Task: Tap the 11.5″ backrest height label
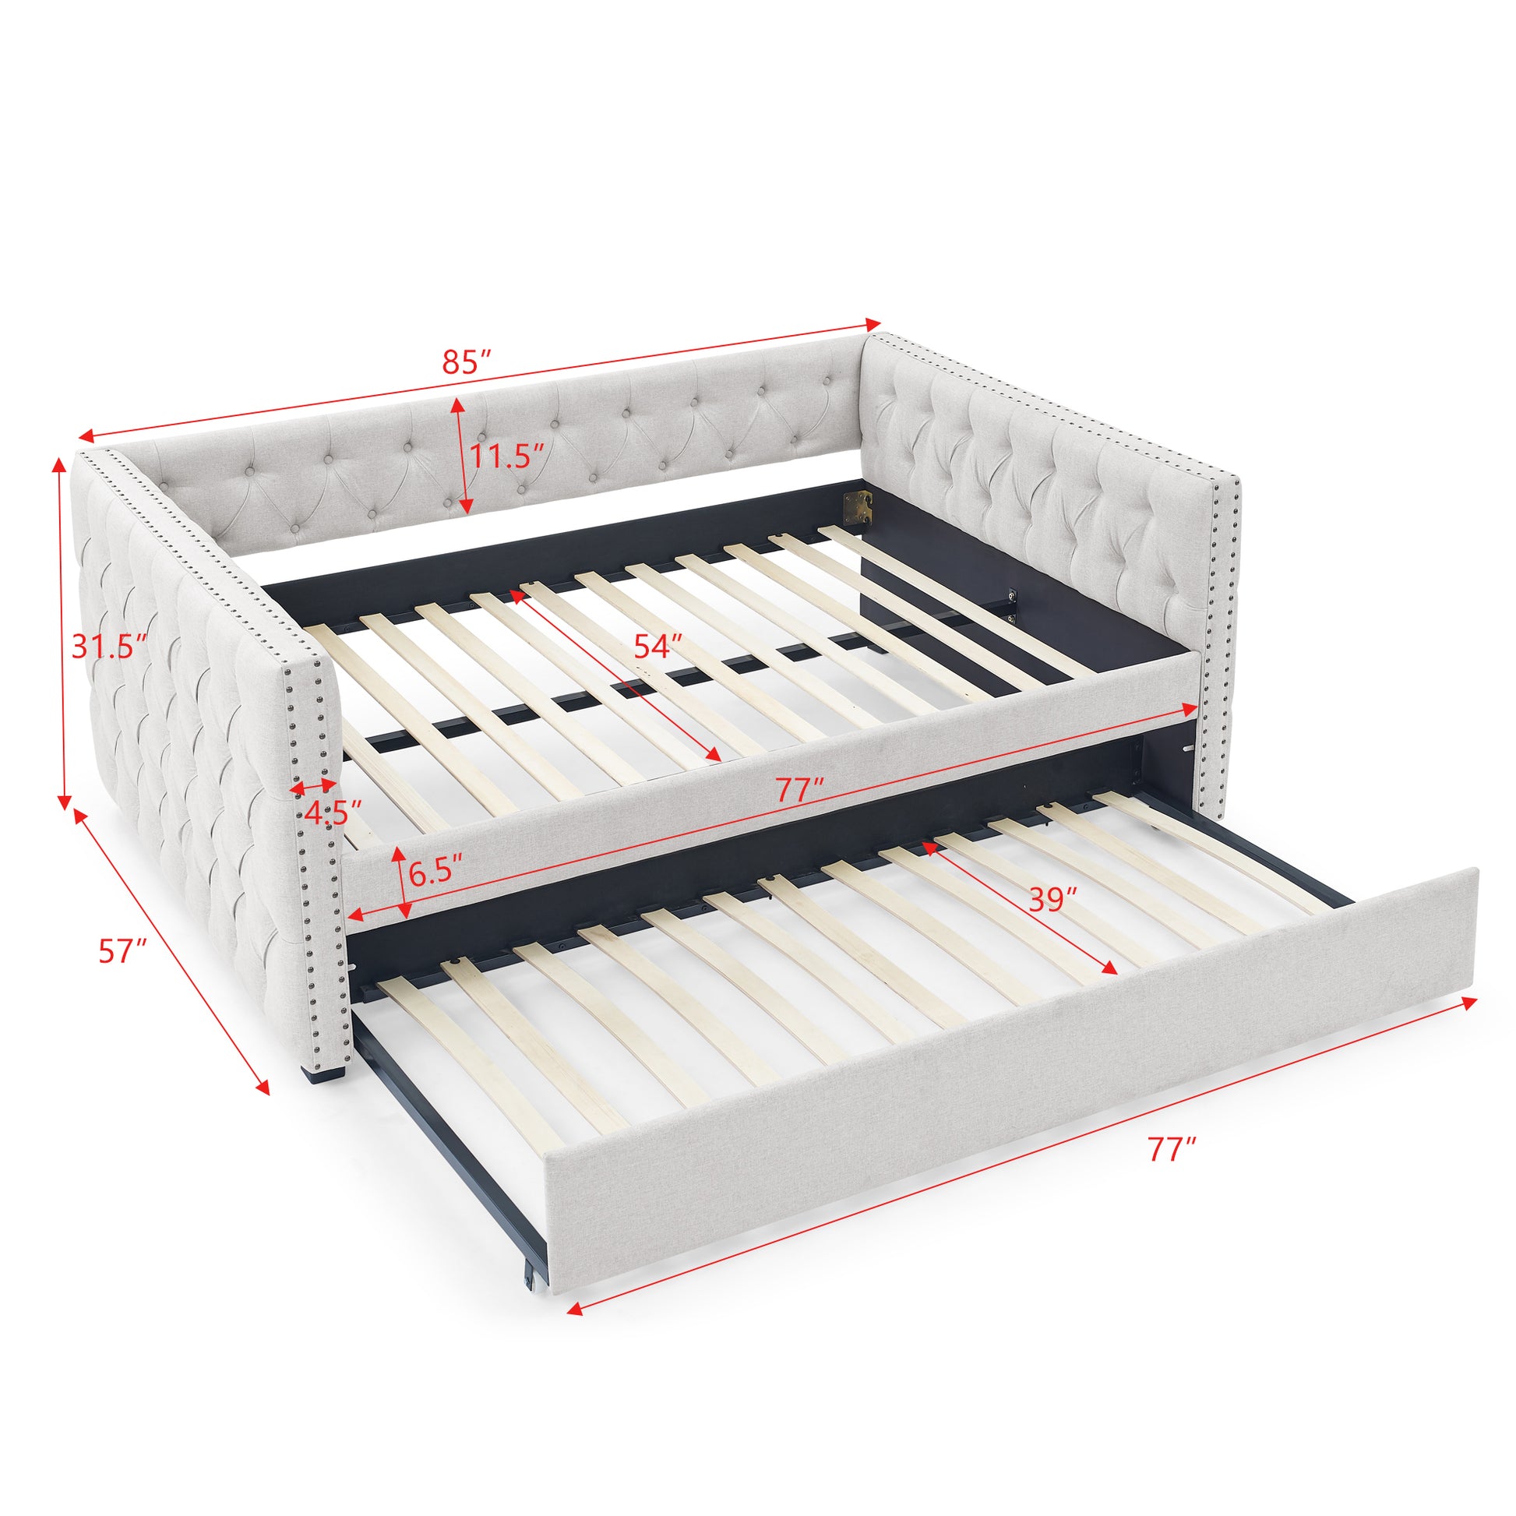click(507, 456)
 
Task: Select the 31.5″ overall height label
click(109, 646)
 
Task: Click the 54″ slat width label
click(658, 646)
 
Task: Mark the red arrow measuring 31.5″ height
click(62, 632)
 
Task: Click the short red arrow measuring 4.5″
click(313, 784)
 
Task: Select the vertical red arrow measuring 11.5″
click(461, 455)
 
